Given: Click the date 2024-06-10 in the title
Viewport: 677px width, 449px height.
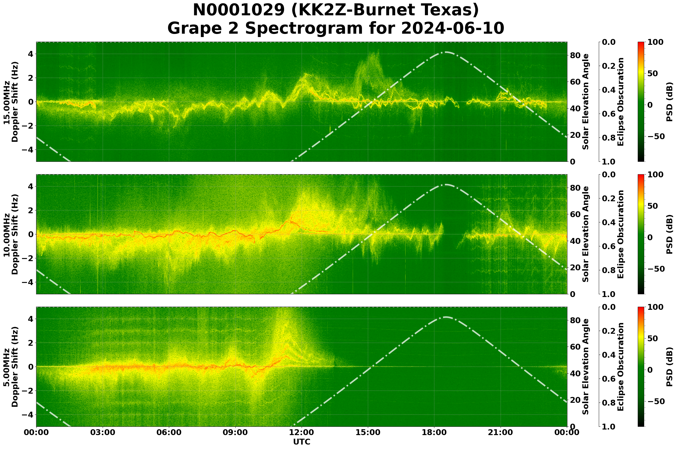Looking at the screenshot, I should (x=452, y=29).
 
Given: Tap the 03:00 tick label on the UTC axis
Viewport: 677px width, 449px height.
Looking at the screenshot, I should (x=103, y=433).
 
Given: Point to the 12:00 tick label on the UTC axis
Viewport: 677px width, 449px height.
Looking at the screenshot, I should (x=302, y=433).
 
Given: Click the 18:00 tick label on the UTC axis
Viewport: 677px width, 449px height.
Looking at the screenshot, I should (x=434, y=433).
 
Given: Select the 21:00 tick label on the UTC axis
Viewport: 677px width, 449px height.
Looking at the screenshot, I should (x=501, y=433).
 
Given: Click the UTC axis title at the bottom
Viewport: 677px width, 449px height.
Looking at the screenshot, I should (x=302, y=442).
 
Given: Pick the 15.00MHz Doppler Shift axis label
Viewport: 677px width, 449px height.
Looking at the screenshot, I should (x=11, y=102).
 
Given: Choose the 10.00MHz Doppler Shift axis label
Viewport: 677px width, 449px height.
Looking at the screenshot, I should (x=11, y=234).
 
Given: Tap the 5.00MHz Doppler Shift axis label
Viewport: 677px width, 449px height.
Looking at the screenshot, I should (x=11, y=367).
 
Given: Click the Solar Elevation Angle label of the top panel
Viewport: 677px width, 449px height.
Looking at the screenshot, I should (x=586, y=102).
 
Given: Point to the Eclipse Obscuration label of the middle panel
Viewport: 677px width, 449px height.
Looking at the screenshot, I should (x=620, y=234).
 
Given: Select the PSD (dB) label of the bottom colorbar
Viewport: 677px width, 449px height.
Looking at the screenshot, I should (x=669, y=367).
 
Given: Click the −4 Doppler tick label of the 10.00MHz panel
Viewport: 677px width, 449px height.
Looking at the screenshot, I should (x=28, y=282).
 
